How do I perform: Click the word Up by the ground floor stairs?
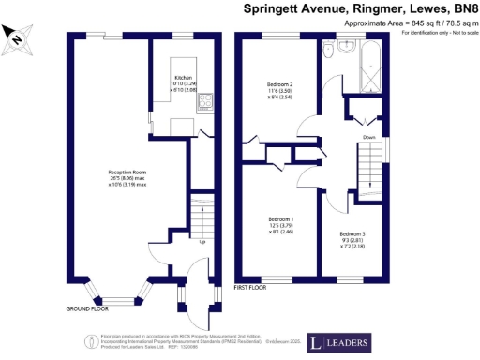(202, 242)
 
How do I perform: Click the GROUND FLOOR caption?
(86, 308)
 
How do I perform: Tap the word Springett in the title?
(278, 8)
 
